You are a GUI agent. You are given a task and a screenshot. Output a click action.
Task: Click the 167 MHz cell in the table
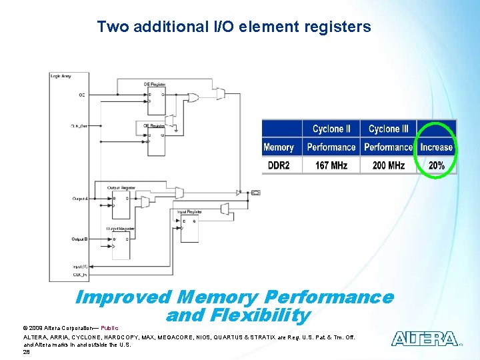pos(331,165)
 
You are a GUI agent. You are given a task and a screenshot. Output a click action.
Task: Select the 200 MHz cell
pos(388,165)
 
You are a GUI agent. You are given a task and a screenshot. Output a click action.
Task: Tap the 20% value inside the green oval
pos(437,165)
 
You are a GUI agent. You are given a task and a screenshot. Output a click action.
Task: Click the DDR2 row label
pos(279,165)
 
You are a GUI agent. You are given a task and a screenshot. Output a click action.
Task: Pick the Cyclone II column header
pos(331,129)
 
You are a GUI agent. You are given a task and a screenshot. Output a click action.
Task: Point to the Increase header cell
pos(436,147)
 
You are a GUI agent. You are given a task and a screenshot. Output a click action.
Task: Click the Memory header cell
pos(279,147)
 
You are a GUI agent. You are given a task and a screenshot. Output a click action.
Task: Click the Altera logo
pos(425,339)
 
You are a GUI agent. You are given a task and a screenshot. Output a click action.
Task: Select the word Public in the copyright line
pos(109,328)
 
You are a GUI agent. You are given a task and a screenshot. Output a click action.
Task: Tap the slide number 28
pos(27,352)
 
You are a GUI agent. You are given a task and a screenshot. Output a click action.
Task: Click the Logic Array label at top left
pos(61,76)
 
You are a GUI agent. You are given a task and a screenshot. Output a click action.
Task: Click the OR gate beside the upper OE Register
pos(193,98)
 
